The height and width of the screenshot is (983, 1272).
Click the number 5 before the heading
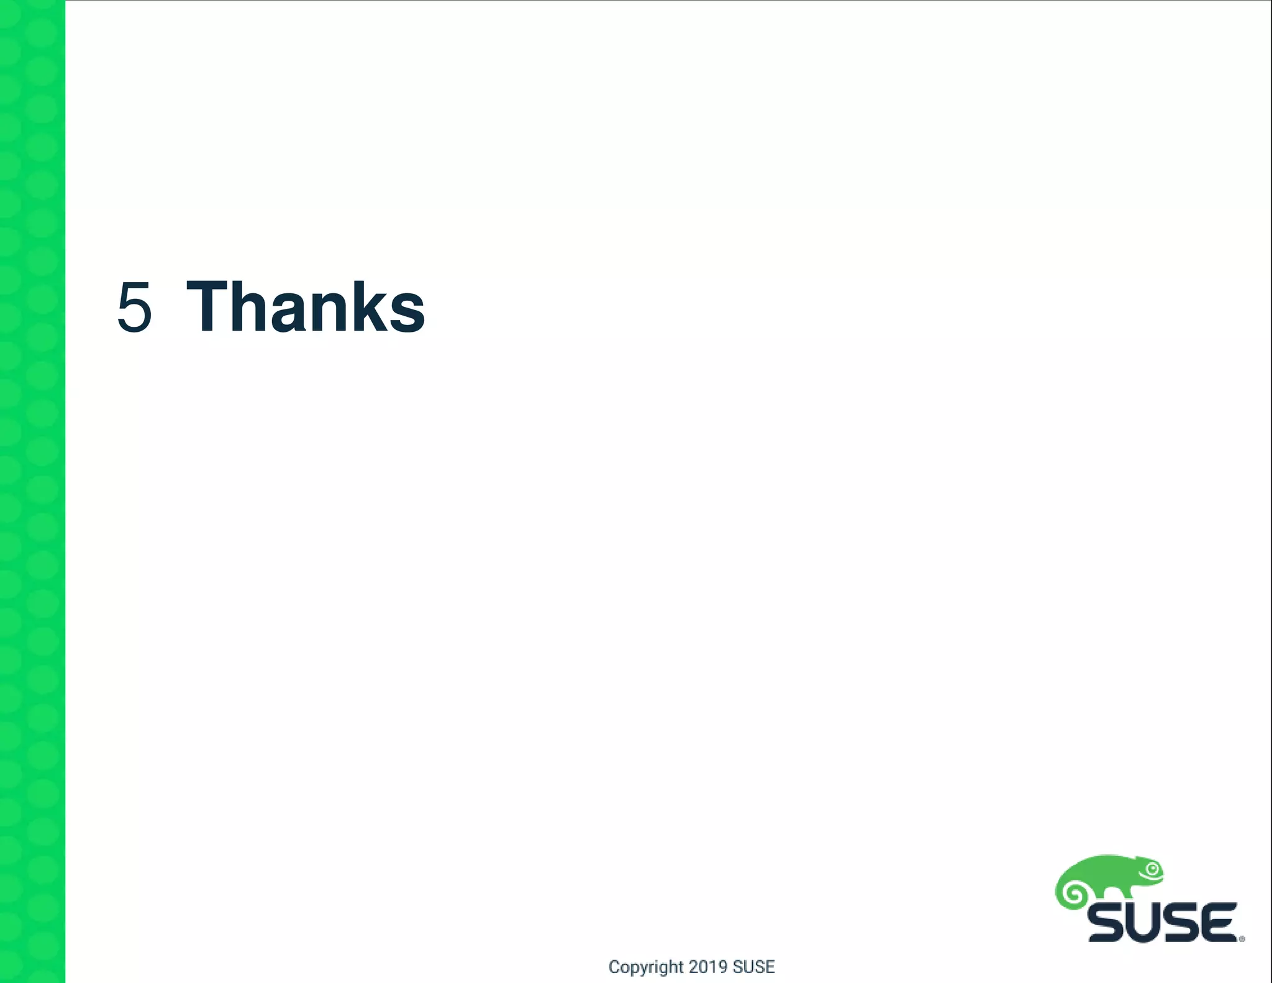tap(134, 308)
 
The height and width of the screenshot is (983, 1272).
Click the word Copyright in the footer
tap(645, 967)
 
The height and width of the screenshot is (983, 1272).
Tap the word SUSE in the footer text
tap(753, 967)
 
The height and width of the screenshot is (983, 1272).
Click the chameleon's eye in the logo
tap(1153, 869)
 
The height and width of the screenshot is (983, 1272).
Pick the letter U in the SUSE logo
tap(1145, 923)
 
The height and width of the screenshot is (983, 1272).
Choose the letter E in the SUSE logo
tap(1219, 923)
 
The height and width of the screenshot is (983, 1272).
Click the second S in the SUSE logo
tap(1182, 923)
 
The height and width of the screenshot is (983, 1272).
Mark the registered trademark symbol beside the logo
tap(1242, 939)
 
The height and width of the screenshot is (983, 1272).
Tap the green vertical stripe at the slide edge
tap(32, 491)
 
